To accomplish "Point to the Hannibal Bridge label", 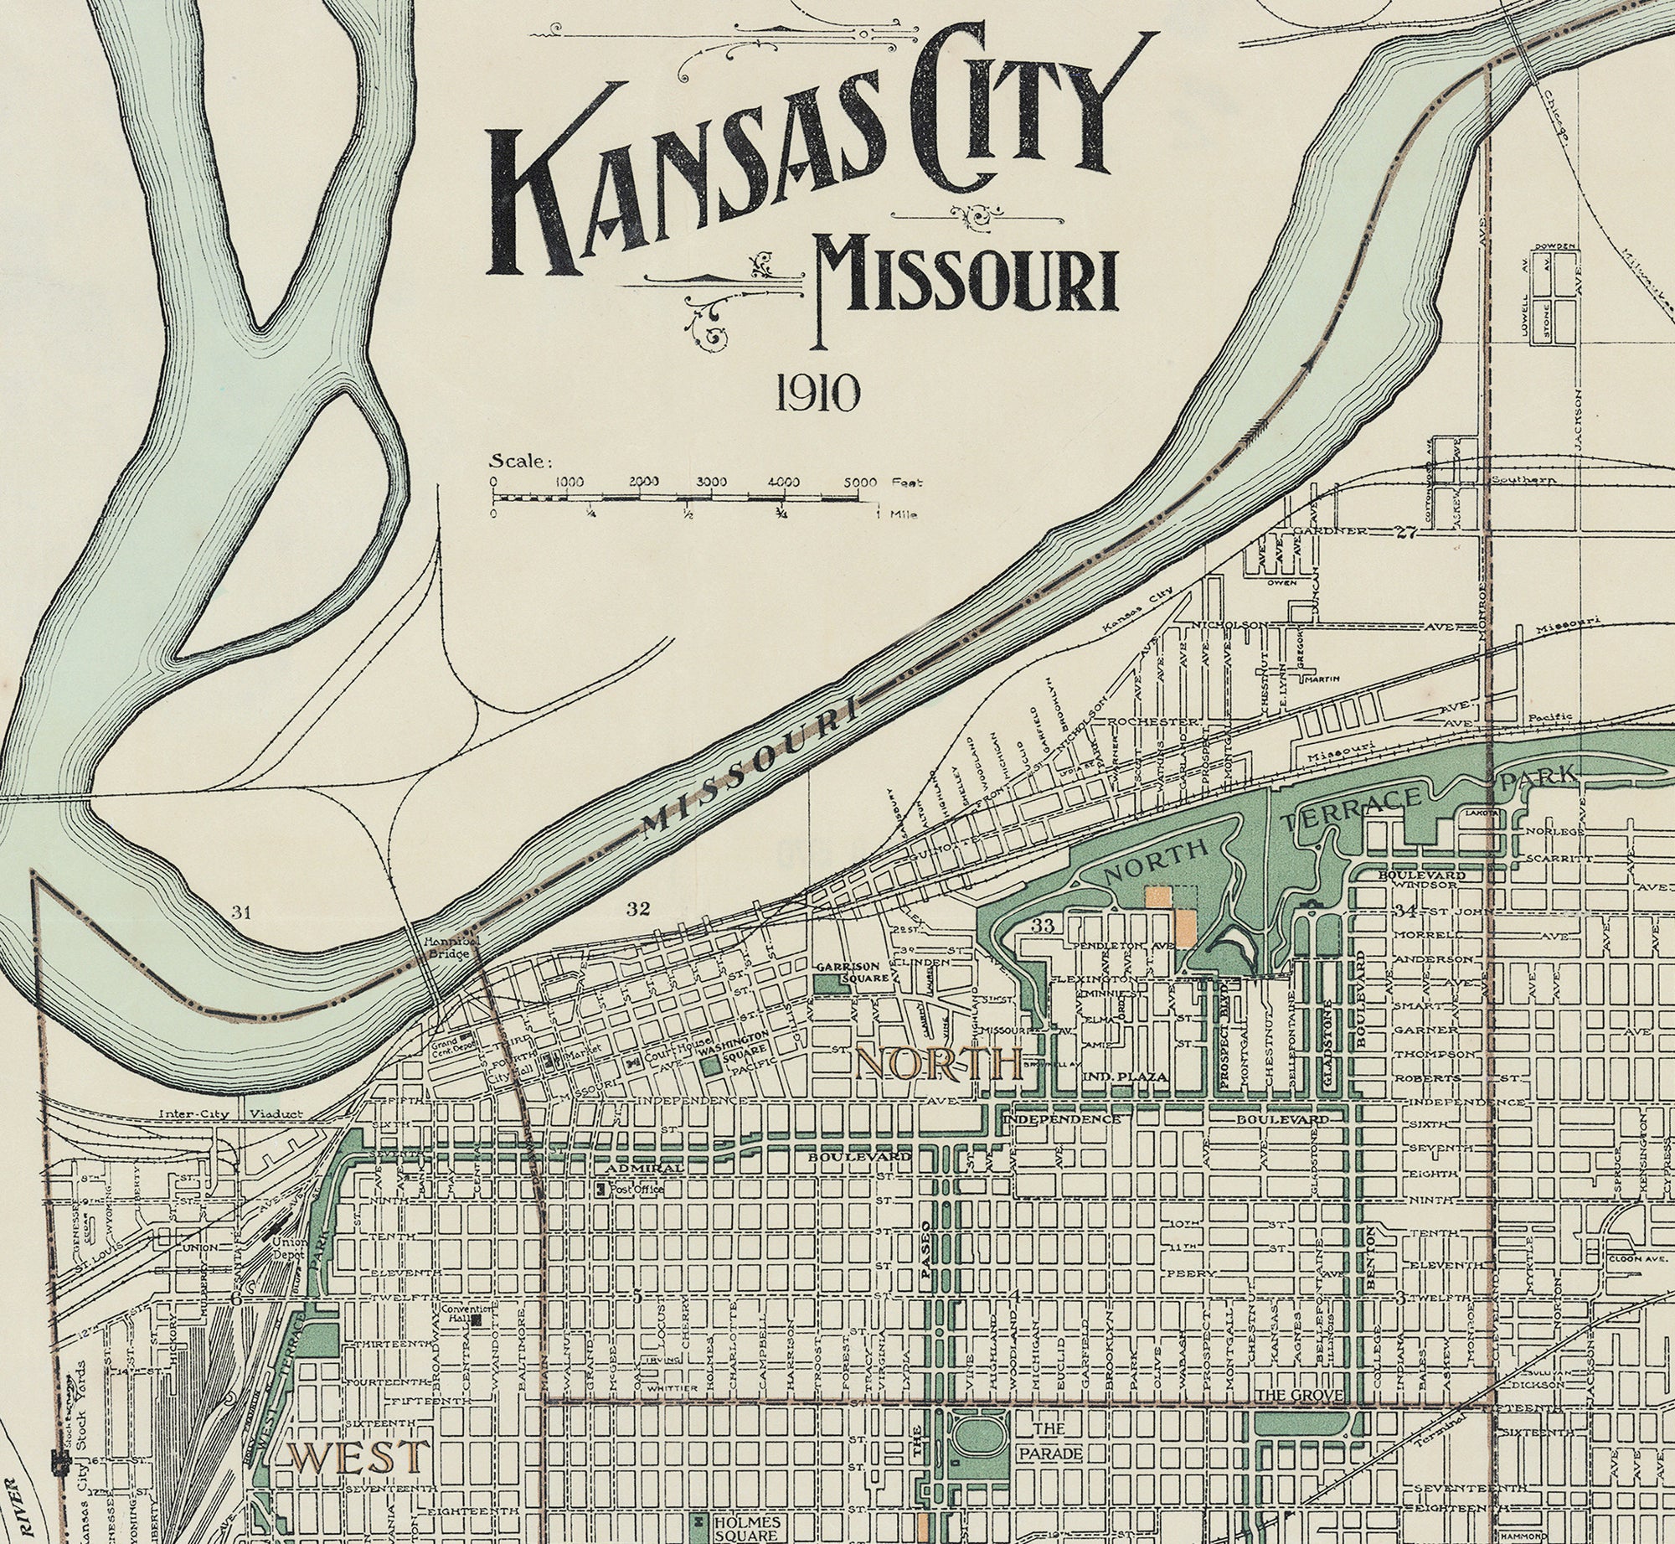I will (x=446, y=948).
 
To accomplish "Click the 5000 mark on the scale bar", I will (x=859, y=483).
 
